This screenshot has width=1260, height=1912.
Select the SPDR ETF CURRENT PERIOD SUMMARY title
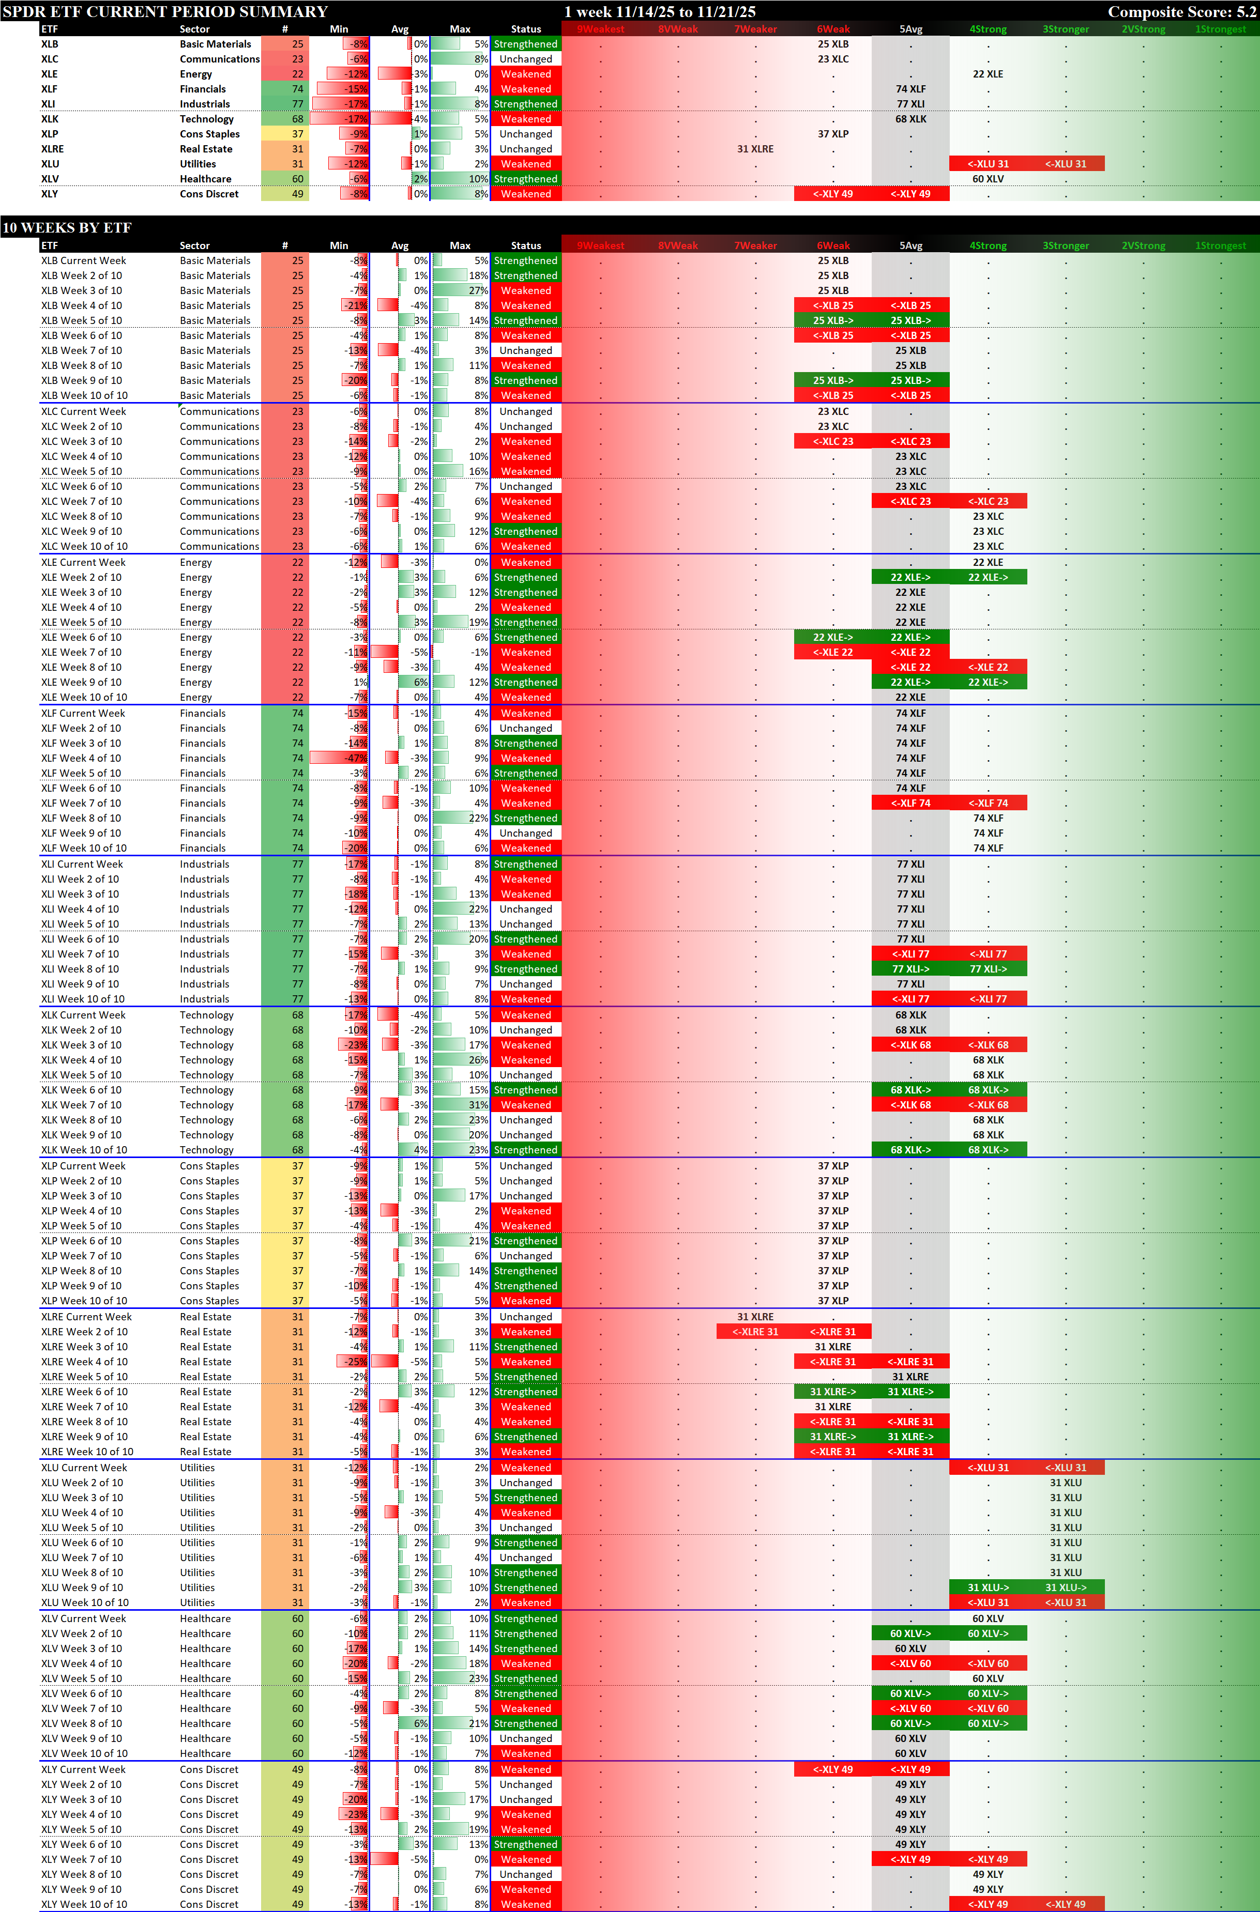click(165, 11)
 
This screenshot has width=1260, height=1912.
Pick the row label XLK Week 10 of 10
click(84, 1150)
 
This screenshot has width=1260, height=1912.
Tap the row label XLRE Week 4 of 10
click(84, 1362)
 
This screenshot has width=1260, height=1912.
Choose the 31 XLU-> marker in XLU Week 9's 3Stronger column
click(1066, 1587)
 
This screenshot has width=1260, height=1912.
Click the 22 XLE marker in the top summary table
click(988, 74)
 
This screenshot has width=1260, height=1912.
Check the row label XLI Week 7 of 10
click(80, 953)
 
